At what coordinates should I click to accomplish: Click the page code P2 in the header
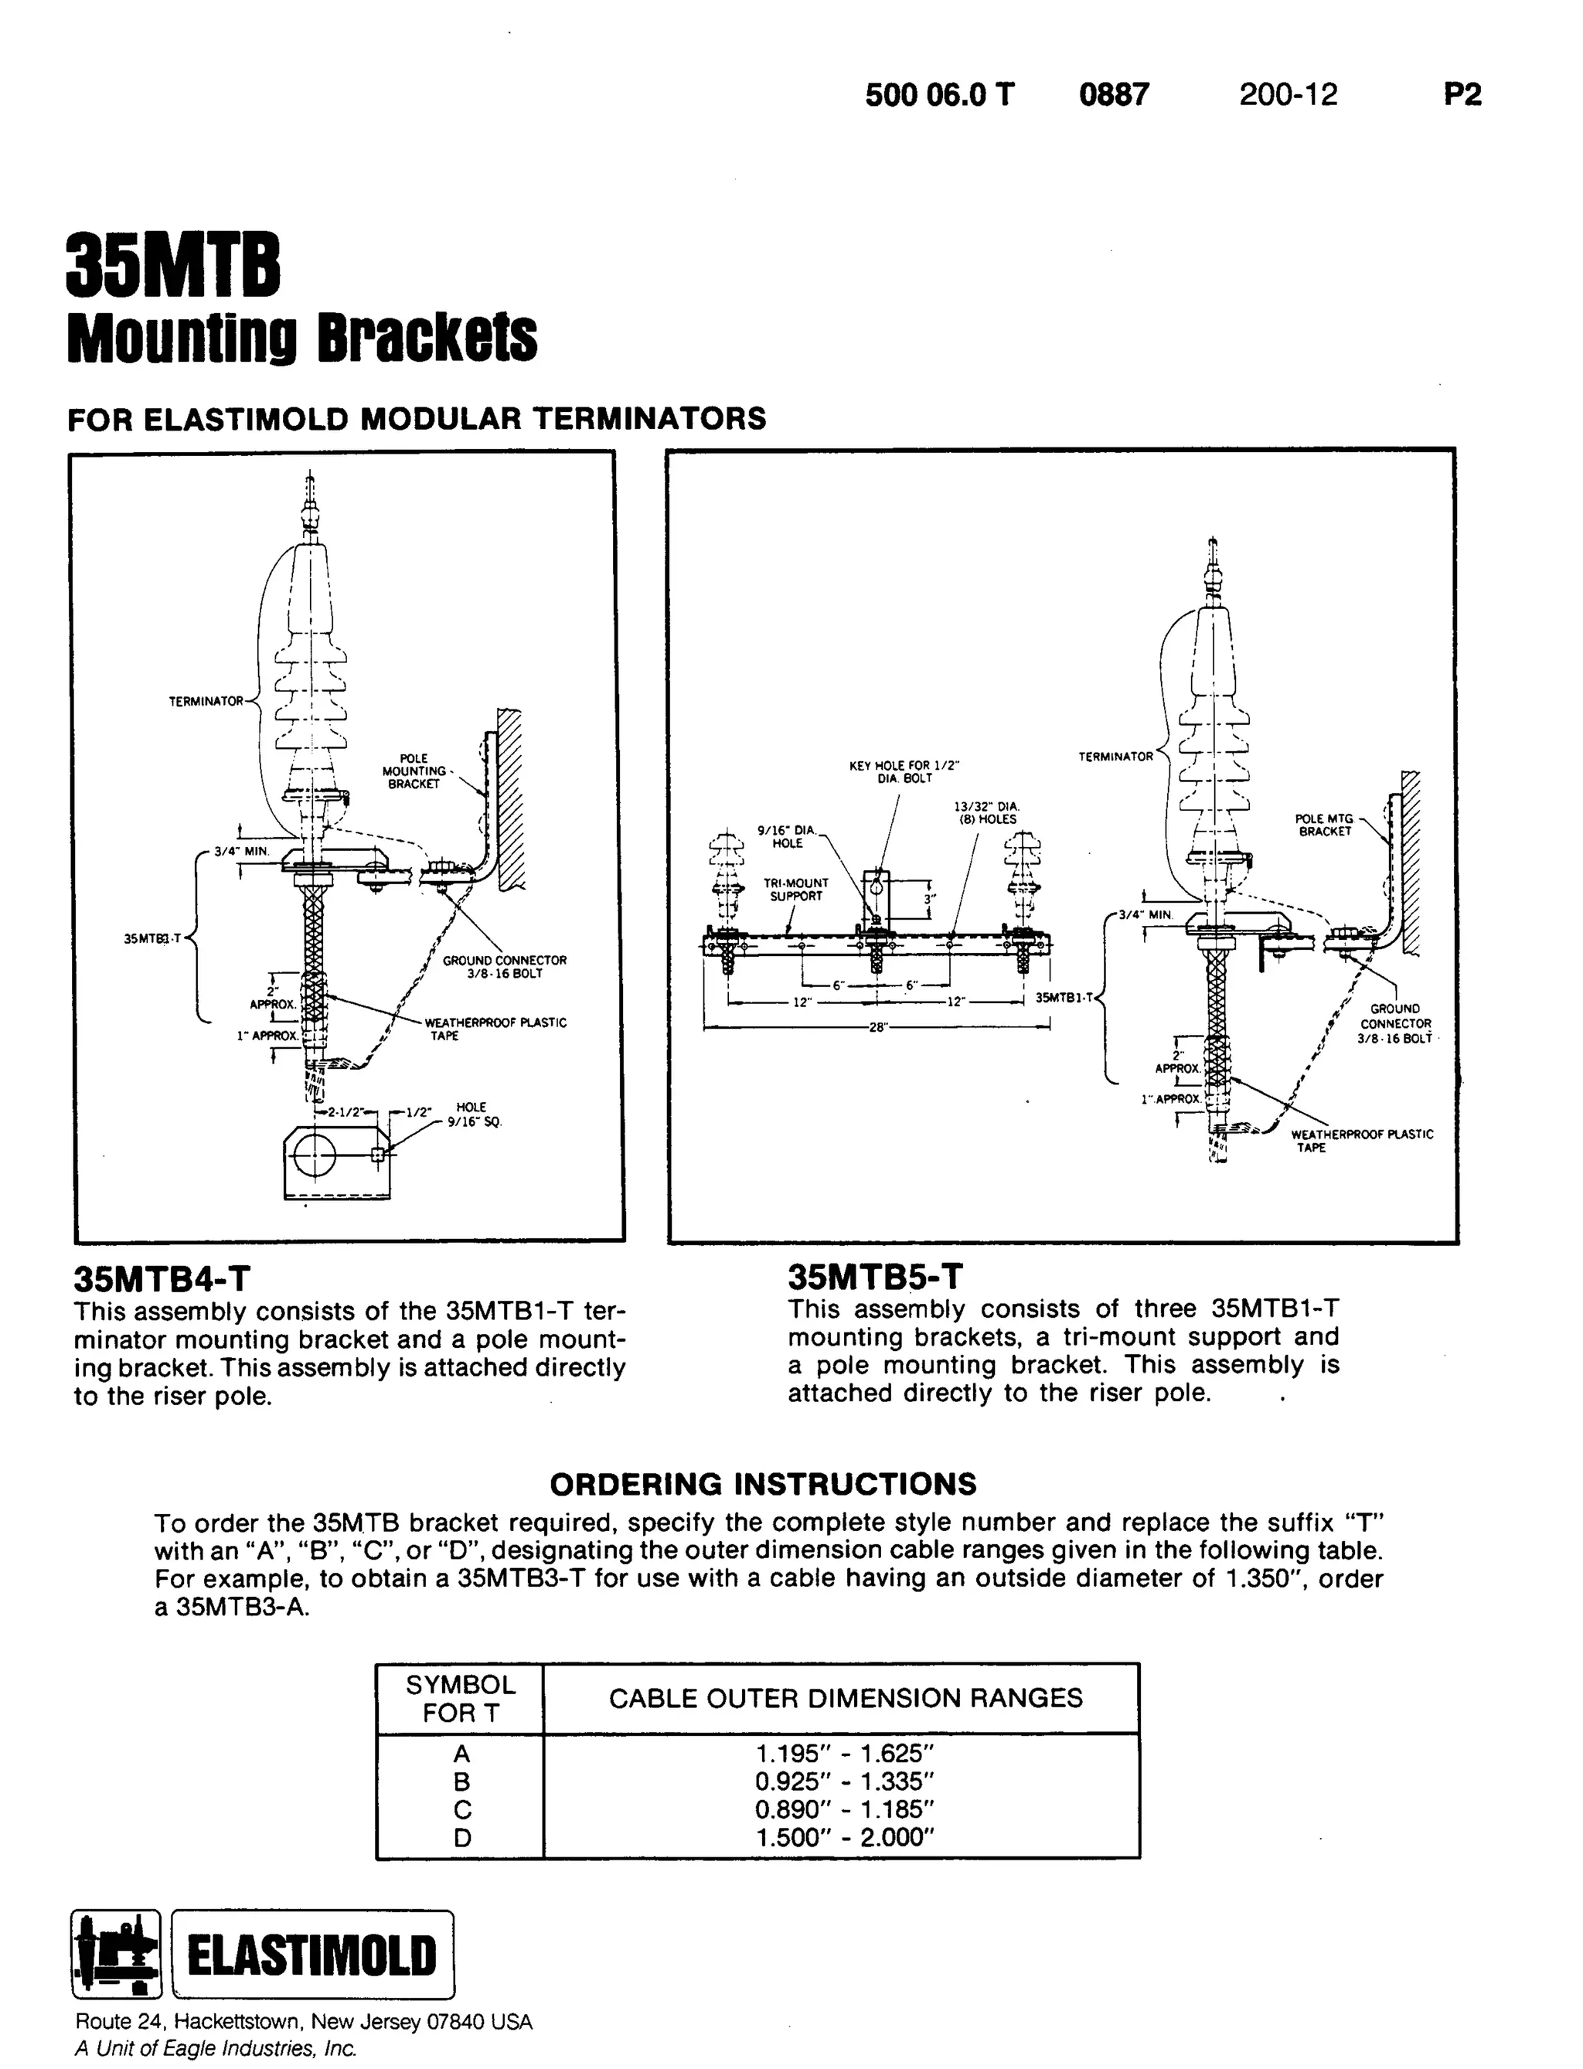coord(1462,95)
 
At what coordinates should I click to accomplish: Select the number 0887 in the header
coord(1114,95)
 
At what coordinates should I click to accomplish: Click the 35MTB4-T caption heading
coord(162,1279)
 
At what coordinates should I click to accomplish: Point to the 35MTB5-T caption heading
coord(875,1277)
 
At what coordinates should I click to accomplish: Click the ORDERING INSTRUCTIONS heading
coord(762,1484)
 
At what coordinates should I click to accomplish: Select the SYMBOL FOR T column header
coord(460,1699)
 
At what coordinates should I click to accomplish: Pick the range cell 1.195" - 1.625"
coord(844,1754)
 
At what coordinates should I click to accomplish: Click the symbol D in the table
coord(461,1837)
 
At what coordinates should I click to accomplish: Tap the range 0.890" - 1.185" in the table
coord(844,1809)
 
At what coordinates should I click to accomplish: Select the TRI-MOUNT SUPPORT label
coord(795,890)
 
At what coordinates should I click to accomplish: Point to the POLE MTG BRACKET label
coord(1324,825)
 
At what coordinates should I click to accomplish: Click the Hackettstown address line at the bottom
coord(304,2022)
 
